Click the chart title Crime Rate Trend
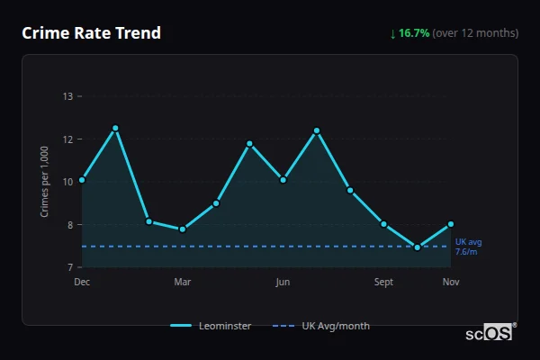point(92,33)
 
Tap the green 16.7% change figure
point(416,33)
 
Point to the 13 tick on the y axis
point(68,96)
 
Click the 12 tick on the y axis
point(68,139)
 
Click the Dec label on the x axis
point(82,282)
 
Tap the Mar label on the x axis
point(183,282)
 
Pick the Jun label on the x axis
point(283,282)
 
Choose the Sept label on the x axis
point(383,282)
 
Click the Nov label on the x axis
point(451,282)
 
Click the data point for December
point(82,180)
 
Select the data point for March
point(183,229)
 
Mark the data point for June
point(283,180)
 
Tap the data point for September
point(383,224)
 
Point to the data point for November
point(451,224)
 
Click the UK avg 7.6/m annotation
point(468,247)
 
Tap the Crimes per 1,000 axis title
point(45,183)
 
